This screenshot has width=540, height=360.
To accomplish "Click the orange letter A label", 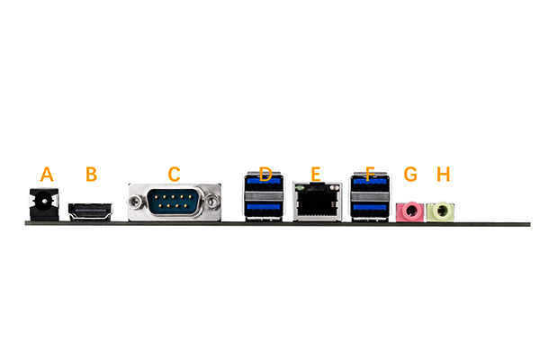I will (48, 174).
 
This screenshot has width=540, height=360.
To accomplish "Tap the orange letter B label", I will (91, 174).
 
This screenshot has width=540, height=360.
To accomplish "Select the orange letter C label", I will (175, 174).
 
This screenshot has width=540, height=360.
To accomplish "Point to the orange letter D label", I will (265, 174).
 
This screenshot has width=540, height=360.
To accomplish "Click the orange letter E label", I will (315, 174).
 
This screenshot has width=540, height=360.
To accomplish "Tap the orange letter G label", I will (411, 174).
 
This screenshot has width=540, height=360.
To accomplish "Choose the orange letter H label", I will (442, 174).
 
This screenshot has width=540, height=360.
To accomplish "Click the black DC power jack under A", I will (41, 206).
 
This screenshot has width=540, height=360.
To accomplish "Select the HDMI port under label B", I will (91, 212).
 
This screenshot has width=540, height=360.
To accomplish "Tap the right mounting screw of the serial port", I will (212, 201).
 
